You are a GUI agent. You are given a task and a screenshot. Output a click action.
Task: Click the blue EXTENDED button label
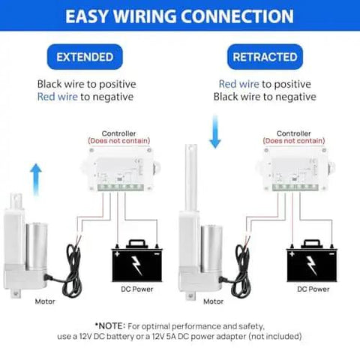tap(85, 57)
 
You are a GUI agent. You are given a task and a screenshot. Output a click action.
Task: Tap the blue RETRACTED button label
tap(265, 57)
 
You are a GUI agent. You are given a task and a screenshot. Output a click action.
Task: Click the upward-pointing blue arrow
tap(36, 179)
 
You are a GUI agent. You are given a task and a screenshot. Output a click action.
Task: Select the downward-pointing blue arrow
tap(215, 132)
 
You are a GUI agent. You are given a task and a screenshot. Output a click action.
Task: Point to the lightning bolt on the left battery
tap(136, 265)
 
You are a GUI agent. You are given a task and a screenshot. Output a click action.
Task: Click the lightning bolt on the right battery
tap(311, 265)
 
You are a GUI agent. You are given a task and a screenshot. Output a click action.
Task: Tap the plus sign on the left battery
tap(117, 254)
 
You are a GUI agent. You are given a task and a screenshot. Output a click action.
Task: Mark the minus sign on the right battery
tap(331, 254)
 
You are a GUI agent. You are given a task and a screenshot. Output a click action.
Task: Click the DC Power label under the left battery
tap(137, 289)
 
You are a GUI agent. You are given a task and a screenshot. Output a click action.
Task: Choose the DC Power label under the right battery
tap(313, 289)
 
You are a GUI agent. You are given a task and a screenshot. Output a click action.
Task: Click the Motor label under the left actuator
tap(45, 301)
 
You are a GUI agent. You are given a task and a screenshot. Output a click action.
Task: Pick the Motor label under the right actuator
tap(214, 301)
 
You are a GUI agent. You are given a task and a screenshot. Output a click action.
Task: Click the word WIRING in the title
tap(145, 16)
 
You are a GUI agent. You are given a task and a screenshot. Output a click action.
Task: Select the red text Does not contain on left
tap(118, 141)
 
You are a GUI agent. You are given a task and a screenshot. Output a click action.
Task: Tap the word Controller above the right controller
tap(294, 133)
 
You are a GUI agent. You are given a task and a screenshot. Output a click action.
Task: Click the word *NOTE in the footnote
tap(109, 326)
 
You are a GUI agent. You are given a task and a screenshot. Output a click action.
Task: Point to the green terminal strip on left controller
tap(121, 187)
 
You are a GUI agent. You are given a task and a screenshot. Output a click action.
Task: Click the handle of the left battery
tap(136, 243)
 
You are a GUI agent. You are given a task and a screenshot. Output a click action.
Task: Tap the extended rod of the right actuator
tap(191, 177)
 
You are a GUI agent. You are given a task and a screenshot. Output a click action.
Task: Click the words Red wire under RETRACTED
tap(239, 84)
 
